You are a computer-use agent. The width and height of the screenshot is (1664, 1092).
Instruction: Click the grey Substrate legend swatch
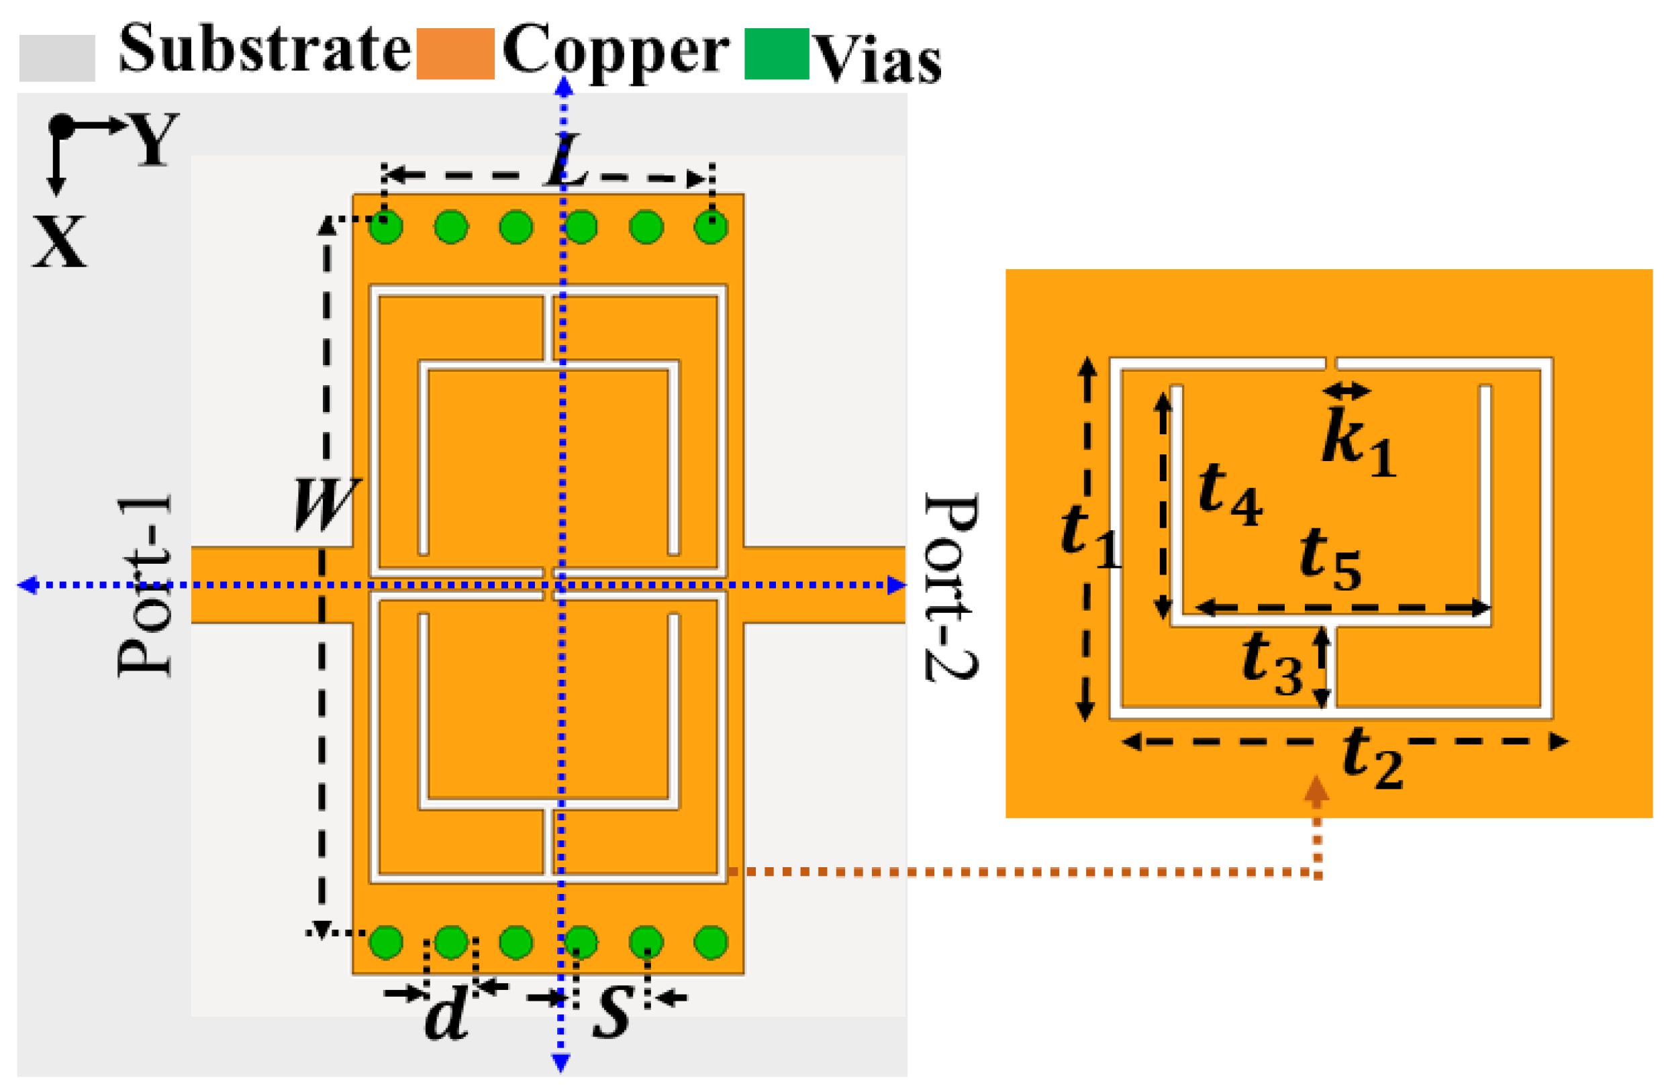click(56, 58)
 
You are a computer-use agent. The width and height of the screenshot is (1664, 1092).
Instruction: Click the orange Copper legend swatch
click(455, 54)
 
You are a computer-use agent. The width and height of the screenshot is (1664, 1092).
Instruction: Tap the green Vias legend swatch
click(776, 54)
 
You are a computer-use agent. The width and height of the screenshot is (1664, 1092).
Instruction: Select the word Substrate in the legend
click(264, 49)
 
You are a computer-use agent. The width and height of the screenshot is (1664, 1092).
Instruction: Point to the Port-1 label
click(145, 586)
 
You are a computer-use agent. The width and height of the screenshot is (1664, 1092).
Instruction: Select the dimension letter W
click(326, 505)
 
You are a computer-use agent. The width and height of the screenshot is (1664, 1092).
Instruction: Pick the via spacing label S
click(613, 1012)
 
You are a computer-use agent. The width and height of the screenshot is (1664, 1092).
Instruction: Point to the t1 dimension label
click(1089, 537)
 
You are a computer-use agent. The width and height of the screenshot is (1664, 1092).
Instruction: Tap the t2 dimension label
click(1372, 758)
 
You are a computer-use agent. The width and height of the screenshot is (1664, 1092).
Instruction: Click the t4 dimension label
click(1229, 493)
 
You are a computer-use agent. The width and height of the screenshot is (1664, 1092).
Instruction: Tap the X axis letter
click(60, 241)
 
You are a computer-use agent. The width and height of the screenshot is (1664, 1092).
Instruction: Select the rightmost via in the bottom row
click(711, 942)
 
